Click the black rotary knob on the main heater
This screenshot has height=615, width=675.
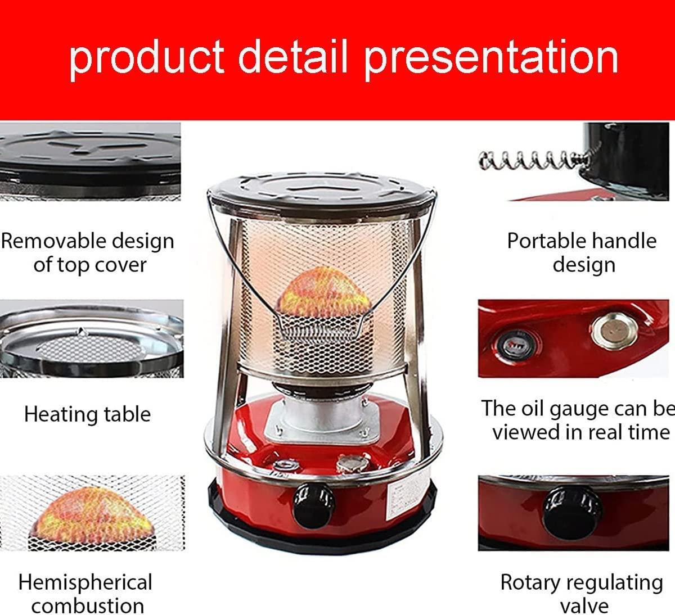click(314, 507)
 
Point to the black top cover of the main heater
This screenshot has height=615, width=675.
click(322, 194)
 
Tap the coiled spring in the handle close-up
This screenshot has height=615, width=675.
click(535, 160)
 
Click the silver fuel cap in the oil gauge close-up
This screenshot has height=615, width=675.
click(614, 331)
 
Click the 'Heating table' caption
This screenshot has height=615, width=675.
click(88, 414)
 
